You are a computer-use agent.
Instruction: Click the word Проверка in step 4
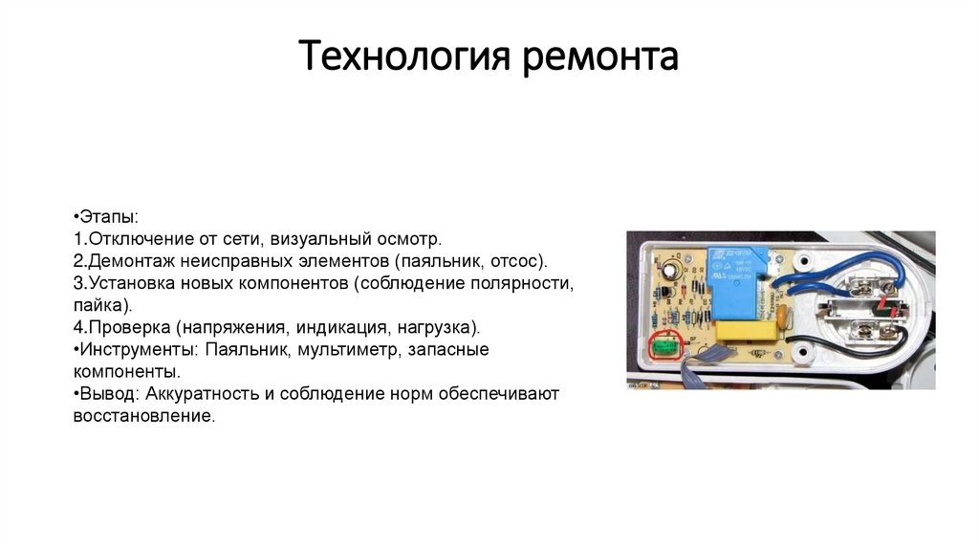point(129,328)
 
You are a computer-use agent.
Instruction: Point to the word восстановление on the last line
point(142,417)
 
